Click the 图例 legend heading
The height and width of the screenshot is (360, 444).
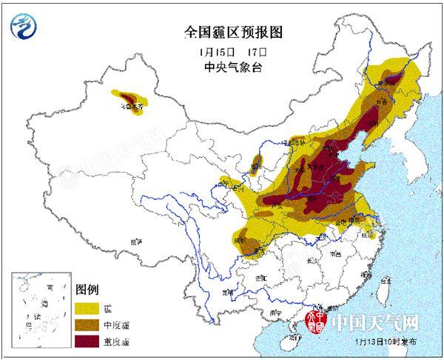[87, 289]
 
